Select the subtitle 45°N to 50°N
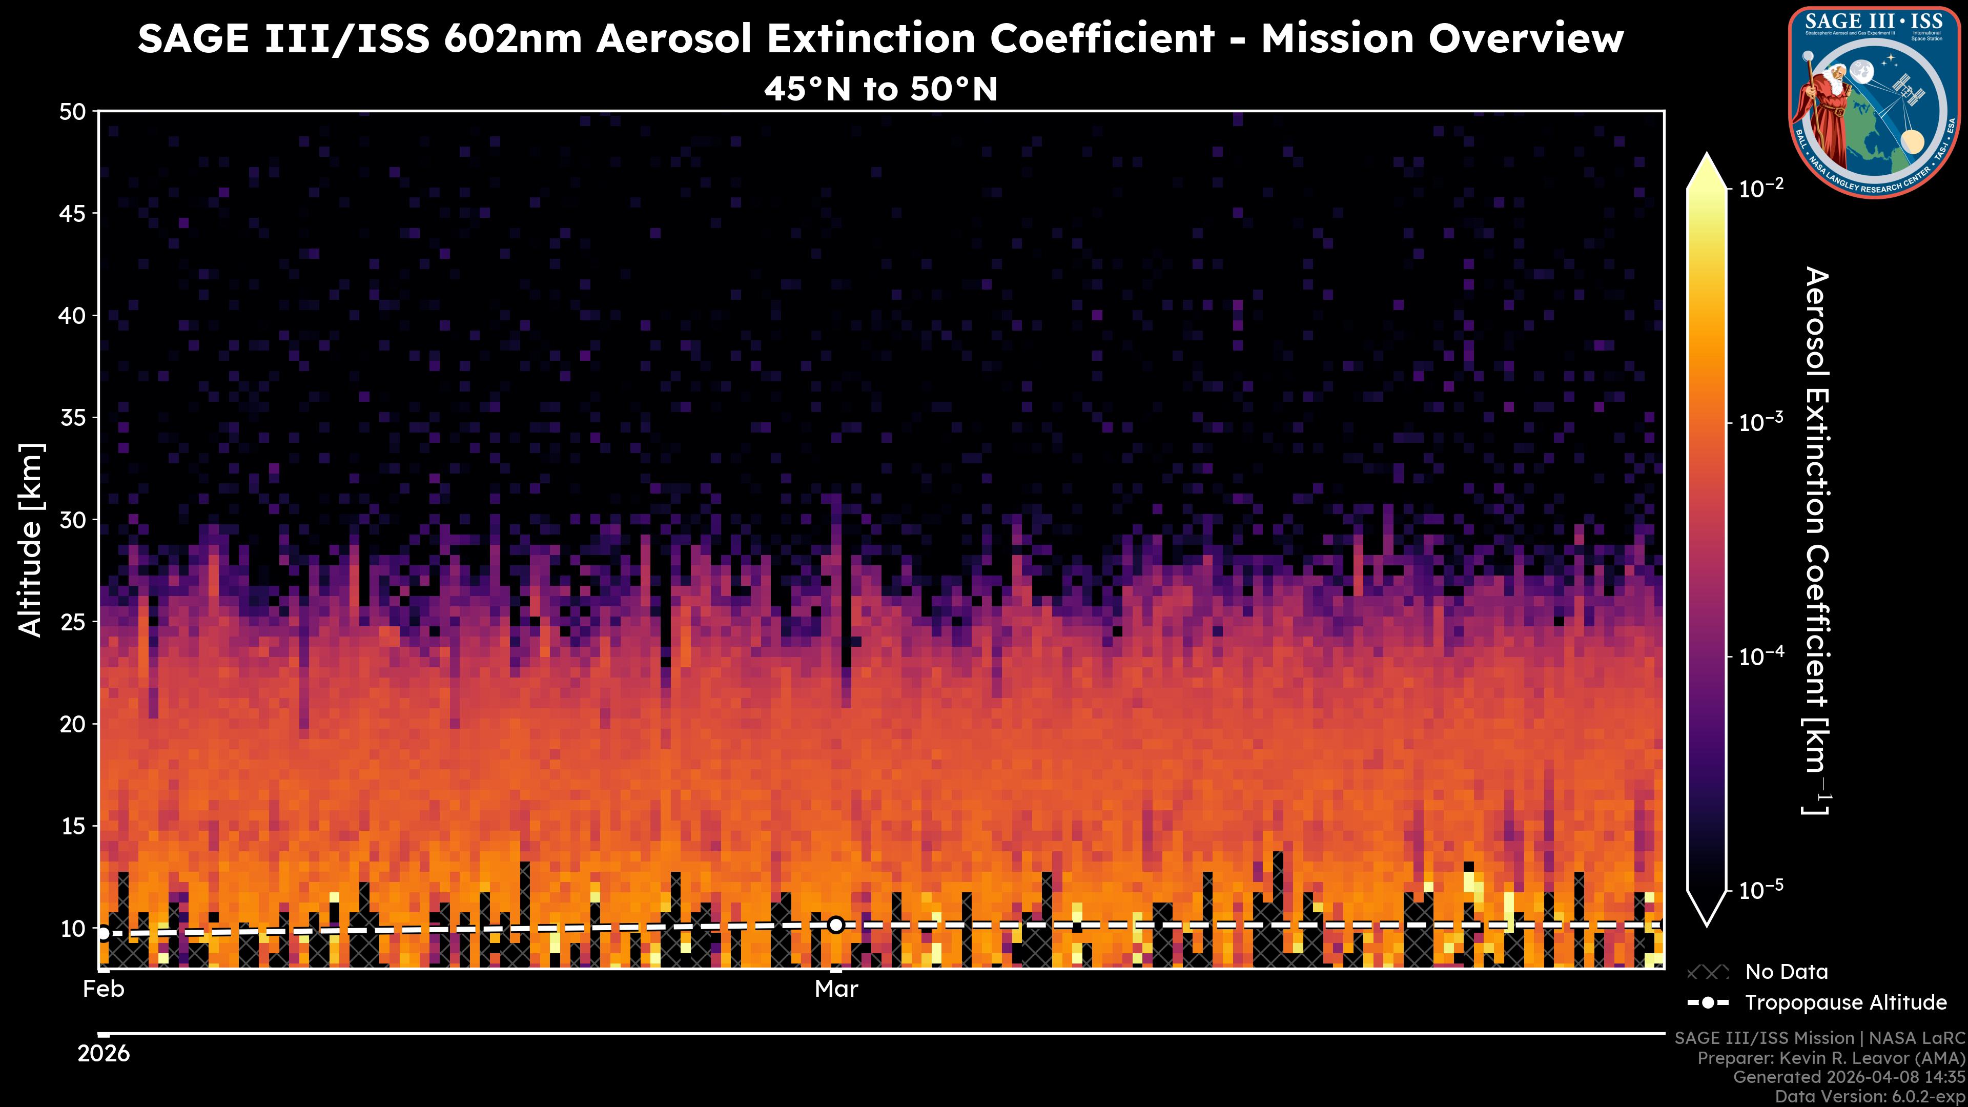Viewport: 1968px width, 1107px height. click(880, 89)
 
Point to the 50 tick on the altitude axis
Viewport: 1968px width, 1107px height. click(73, 112)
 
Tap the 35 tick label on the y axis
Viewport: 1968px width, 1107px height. click(73, 418)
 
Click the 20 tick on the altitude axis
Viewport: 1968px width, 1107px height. click(73, 724)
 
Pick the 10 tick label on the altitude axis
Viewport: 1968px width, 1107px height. click(73, 928)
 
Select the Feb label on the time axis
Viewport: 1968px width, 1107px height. click(103, 989)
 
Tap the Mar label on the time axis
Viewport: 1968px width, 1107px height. click(836, 989)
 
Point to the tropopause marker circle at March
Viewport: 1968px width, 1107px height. click(836, 925)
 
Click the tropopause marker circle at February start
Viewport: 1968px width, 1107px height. click(103, 933)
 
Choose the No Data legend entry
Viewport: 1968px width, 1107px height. click(1786, 972)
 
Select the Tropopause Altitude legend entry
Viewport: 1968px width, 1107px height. click(1845, 1002)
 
